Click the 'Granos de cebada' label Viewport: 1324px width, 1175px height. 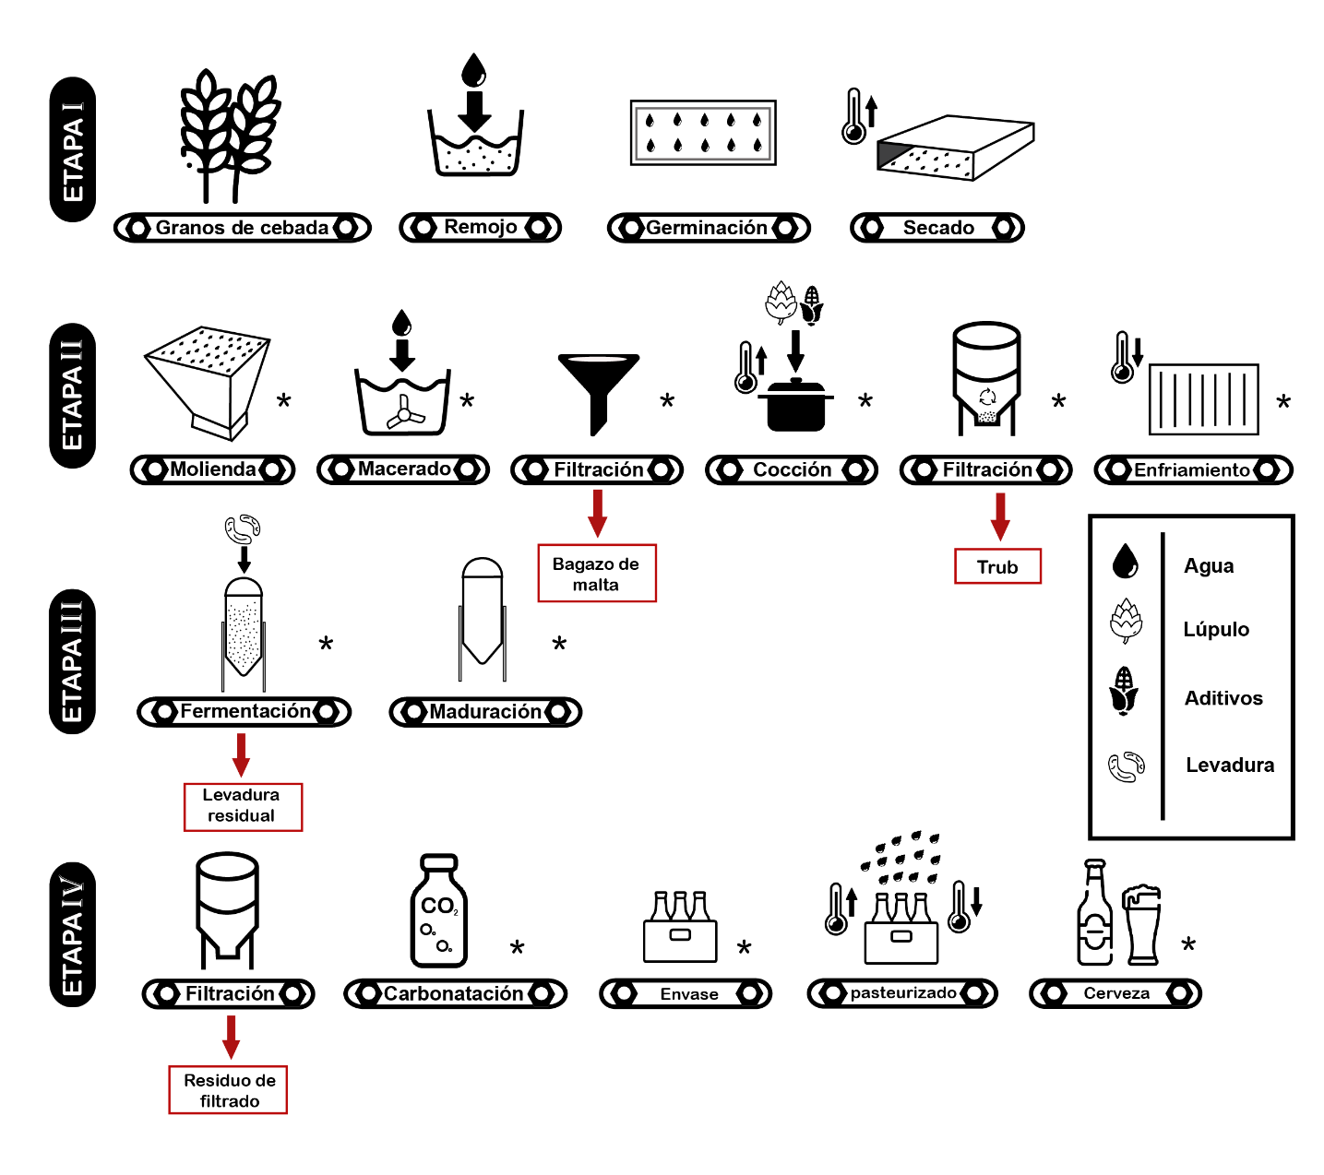point(242,227)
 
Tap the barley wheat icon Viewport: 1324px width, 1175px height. point(230,136)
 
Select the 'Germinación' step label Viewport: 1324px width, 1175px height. point(709,227)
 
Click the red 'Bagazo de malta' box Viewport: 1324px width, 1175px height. point(597,573)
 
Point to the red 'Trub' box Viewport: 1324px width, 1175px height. point(997,566)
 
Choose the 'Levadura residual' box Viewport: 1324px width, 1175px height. point(243,807)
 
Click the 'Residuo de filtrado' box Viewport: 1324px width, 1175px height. point(228,1089)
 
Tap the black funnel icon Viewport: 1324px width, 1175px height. point(598,394)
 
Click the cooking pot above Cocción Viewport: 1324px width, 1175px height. point(795,405)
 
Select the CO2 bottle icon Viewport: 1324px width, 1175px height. point(438,909)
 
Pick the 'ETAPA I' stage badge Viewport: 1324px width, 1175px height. point(73,149)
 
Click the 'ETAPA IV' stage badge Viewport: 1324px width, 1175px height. point(73,934)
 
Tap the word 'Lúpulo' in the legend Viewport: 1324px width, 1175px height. point(1215,629)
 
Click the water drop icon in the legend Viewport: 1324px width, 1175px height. point(1125,561)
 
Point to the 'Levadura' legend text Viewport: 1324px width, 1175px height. point(1230,765)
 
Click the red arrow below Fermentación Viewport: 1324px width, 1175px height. point(241,754)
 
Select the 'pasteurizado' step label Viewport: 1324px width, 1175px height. point(902,992)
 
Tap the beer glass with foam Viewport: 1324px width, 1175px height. point(1141,924)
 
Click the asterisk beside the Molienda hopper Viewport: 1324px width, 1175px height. point(283,400)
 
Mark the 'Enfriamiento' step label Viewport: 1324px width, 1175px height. point(1193,469)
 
